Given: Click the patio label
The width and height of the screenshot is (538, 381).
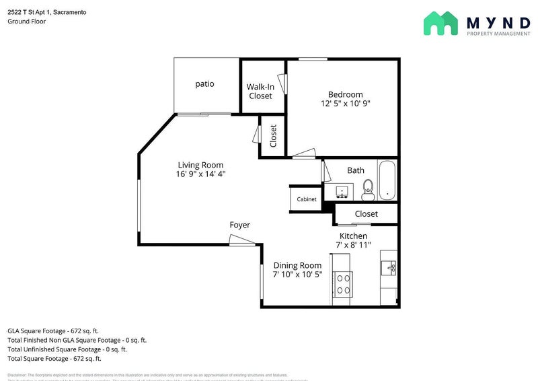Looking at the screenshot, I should click(204, 84).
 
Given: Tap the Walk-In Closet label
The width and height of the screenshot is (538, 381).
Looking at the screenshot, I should click(260, 92).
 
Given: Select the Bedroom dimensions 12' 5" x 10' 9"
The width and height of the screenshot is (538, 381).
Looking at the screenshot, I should click(346, 104).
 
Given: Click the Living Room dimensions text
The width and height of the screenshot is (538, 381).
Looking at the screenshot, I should click(200, 174).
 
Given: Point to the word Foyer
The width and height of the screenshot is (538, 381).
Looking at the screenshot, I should click(240, 225).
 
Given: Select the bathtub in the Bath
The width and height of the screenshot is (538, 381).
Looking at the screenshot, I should click(387, 180).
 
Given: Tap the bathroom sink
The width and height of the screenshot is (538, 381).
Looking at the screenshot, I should click(342, 193).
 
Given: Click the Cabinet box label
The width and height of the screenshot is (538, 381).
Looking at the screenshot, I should click(307, 199).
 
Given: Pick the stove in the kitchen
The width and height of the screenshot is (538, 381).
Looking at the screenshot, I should click(343, 284).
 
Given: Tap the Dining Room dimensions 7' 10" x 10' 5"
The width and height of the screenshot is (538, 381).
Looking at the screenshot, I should click(297, 275).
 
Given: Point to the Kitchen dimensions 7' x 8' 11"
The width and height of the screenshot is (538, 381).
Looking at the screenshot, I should click(353, 245).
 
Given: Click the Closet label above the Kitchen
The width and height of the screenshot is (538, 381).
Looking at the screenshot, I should click(367, 214).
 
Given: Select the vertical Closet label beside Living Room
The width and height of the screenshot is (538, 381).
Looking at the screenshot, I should click(273, 137).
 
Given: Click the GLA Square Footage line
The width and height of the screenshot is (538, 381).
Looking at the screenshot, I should click(53, 331).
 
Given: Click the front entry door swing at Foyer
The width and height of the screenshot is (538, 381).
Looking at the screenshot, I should click(239, 240).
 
